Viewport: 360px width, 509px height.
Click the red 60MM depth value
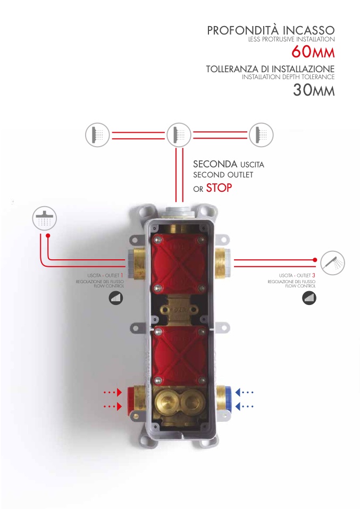(313, 52)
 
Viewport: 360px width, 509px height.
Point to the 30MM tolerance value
(314, 90)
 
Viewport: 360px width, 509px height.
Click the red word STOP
(219, 188)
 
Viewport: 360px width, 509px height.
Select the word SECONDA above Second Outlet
(215, 164)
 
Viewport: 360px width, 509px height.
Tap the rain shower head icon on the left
(45, 218)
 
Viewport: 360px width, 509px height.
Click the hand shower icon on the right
(333, 263)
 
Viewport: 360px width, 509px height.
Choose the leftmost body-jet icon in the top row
(97, 135)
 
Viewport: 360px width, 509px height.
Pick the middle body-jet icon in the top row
(179, 135)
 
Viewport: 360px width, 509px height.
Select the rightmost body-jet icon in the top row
(261, 135)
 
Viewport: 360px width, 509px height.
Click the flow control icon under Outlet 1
(116, 298)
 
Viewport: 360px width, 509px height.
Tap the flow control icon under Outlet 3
(309, 298)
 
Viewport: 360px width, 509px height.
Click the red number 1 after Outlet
(122, 275)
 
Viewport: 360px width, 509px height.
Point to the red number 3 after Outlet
(314, 275)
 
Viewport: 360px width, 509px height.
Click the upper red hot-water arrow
(113, 393)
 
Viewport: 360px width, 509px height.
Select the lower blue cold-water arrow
(244, 406)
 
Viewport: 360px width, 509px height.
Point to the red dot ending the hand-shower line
(315, 260)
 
